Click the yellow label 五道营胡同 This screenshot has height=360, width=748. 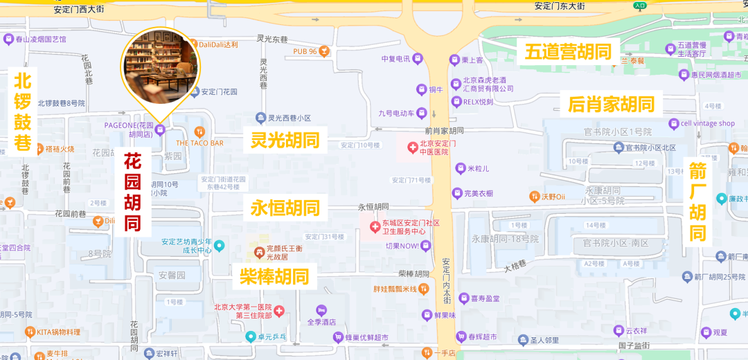click(x=571, y=51)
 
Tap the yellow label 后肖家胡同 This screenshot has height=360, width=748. click(x=612, y=105)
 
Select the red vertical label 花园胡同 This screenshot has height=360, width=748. click(x=133, y=192)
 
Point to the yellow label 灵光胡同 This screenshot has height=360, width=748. click(x=285, y=141)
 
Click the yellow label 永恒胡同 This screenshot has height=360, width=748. click(x=285, y=208)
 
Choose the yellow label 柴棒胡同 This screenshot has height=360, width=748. click(x=274, y=277)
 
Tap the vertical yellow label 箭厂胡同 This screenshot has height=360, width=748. click(x=697, y=201)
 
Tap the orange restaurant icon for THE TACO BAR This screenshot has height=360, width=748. click(x=199, y=131)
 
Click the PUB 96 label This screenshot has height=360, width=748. click(x=305, y=52)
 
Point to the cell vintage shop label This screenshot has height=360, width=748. click(x=707, y=123)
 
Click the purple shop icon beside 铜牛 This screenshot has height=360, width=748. click(x=420, y=89)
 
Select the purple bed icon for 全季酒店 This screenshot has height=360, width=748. click(x=321, y=310)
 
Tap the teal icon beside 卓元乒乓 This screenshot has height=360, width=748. click(x=250, y=337)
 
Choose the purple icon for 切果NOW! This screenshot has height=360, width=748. click(x=426, y=246)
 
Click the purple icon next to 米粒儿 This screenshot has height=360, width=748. click(x=460, y=168)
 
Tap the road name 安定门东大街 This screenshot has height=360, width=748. click(x=560, y=6)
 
